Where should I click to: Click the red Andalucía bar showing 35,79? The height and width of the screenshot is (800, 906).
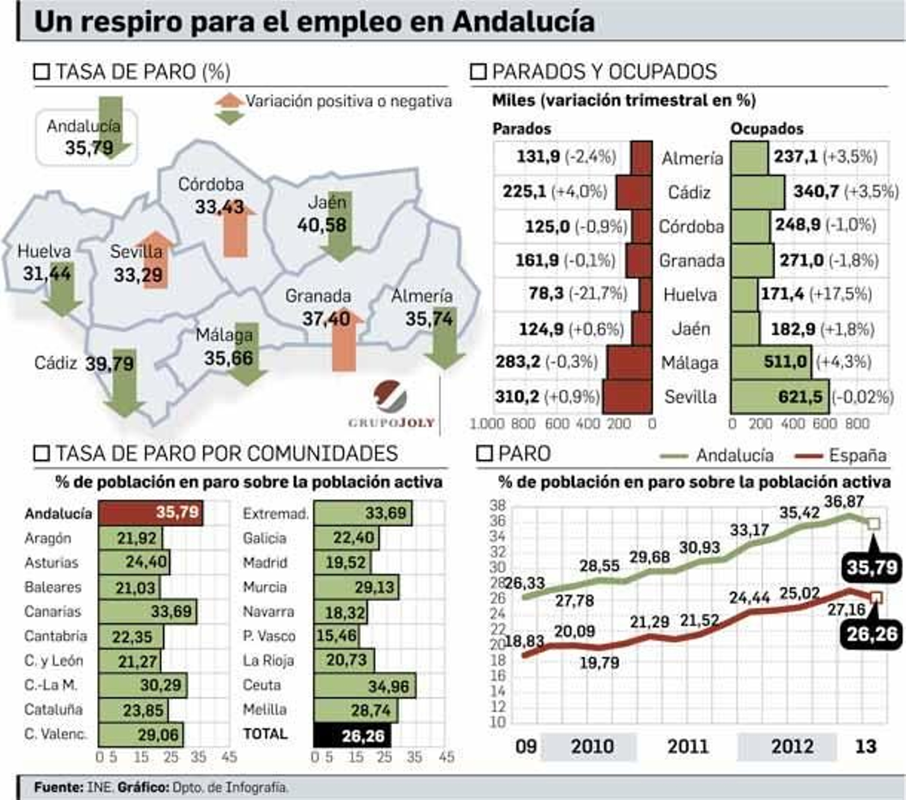pos(150,513)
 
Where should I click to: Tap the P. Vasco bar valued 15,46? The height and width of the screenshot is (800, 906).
pos(336,636)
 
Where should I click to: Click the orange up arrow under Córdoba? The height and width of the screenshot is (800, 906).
pos(236,231)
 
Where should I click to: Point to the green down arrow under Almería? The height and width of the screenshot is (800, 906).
pos(445,339)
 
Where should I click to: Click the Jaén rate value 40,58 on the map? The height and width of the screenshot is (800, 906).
pos(322,225)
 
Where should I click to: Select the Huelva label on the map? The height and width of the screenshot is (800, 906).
pos(44,251)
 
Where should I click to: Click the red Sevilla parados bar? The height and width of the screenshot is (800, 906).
pos(627,397)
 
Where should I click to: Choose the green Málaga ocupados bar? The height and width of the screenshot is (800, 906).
pos(770,362)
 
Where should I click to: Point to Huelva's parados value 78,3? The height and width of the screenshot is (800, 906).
pos(546,294)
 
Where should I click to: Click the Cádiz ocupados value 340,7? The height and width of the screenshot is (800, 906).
pos(816,191)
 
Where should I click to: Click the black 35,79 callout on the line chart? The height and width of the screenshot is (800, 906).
pos(872,567)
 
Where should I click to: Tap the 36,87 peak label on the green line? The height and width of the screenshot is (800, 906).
pos(844,501)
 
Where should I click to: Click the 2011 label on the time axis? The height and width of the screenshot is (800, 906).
pos(687,746)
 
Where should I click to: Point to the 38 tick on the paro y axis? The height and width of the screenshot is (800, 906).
pos(497,505)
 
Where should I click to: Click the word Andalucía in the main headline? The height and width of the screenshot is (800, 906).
pos(523,23)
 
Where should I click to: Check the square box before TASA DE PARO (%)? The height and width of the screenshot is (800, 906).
pos(42,72)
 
